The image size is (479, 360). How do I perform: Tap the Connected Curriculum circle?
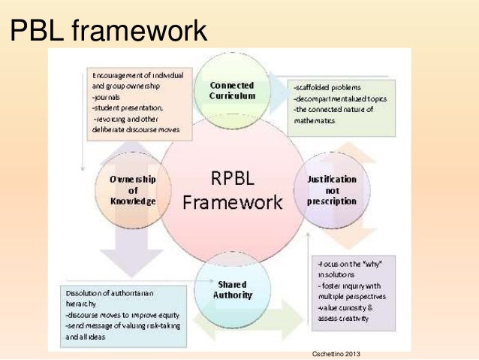[232, 90]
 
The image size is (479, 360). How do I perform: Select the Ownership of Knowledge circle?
[132, 190]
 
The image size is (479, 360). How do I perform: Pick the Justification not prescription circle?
[332, 190]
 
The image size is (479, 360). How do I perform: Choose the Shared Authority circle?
[232, 289]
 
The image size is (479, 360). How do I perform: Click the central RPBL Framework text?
[233, 190]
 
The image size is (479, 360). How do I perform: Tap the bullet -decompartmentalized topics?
[336, 98]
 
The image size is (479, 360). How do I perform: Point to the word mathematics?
[315, 120]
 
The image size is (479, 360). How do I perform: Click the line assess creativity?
[343, 319]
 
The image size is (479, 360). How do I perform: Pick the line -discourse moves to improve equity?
[114, 316]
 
